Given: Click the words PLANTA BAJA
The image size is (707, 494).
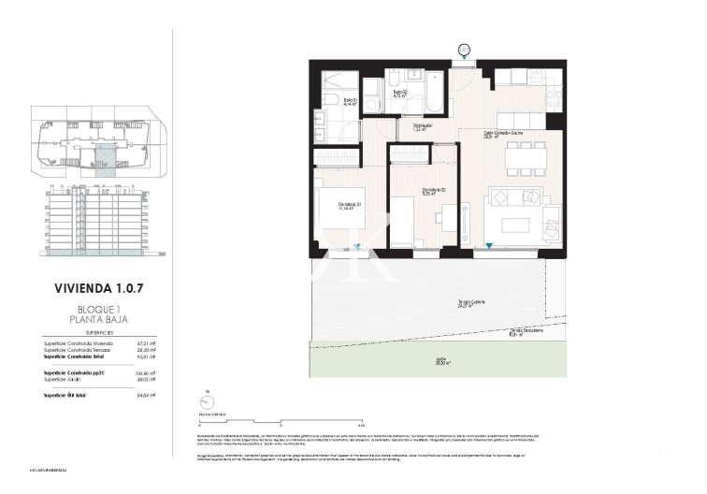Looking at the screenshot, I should point(98,320).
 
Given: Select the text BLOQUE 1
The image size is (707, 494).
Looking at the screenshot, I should point(98,309).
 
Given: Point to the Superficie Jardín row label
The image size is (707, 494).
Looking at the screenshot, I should point(68,380).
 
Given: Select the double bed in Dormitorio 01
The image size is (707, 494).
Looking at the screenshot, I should point(339,216).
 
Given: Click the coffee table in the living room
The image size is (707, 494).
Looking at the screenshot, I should point(518,225).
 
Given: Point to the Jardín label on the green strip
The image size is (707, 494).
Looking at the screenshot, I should point(494,364).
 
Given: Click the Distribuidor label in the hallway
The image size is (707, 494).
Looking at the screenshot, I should point(423,126).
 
